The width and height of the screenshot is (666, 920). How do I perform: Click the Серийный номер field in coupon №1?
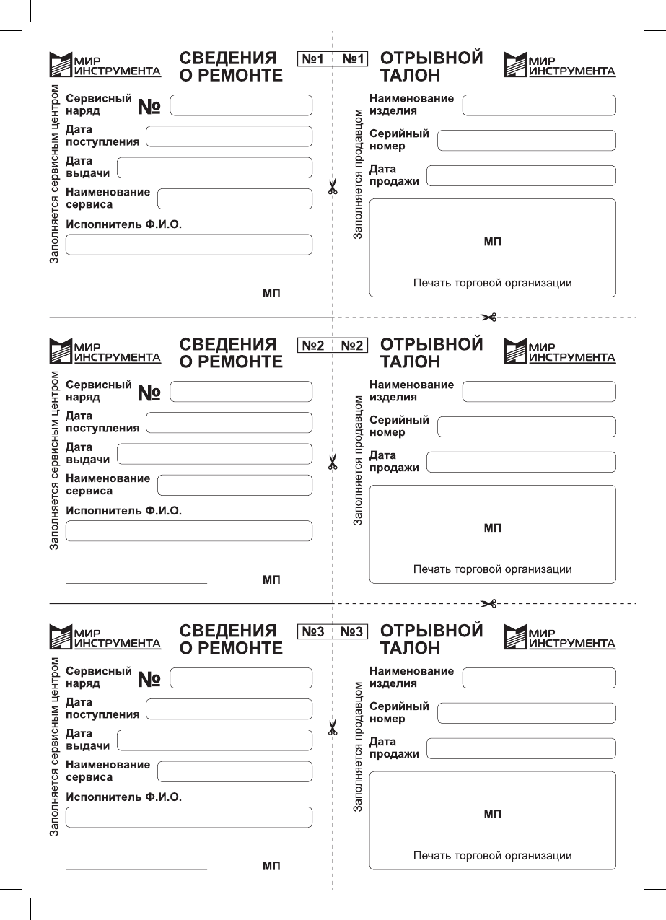[x=527, y=140]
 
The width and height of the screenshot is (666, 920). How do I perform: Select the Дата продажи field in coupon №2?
[x=521, y=462]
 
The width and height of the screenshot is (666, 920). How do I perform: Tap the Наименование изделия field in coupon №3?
[x=539, y=678]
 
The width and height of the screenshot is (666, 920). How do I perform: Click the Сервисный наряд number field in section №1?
[x=240, y=105]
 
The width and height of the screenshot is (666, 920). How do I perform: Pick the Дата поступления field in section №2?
[x=229, y=422]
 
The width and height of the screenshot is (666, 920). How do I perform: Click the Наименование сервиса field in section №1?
[x=235, y=198]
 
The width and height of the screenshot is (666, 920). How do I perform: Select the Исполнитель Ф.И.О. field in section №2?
[x=189, y=531]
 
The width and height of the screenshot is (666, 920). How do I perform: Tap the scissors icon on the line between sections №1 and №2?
[x=489, y=317]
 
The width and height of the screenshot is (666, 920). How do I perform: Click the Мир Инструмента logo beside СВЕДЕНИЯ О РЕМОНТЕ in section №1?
[x=105, y=65]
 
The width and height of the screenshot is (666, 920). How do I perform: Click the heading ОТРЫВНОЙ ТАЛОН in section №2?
[x=431, y=352]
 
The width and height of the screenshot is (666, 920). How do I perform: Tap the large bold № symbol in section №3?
[x=149, y=679]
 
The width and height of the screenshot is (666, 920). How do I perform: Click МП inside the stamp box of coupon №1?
[x=492, y=242]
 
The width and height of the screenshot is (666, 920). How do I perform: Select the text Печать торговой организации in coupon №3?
[x=492, y=856]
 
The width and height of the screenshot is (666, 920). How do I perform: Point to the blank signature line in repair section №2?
[x=136, y=582]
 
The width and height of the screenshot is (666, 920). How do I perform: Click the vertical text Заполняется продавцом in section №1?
[x=357, y=174]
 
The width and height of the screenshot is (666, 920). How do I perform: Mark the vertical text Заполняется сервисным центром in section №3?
[x=54, y=748]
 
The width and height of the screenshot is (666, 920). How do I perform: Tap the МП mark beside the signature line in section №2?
[x=271, y=579]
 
